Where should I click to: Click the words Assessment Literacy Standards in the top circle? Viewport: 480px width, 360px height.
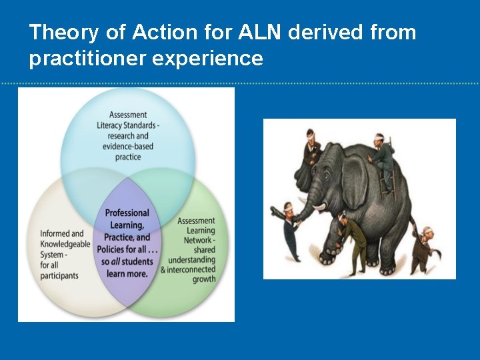click(x=128, y=120)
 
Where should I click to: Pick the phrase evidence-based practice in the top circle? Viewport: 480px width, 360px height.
click(x=128, y=152)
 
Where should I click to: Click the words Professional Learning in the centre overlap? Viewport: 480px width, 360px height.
click(x=127, y=219)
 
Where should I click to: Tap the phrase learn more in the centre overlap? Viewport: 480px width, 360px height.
click(x=127, y=273)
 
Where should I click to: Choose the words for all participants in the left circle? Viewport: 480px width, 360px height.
click(x=60, y=270)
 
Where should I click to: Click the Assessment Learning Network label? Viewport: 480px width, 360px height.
click(x=196, y=231)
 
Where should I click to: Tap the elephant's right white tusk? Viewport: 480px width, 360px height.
click(x=321, y=207)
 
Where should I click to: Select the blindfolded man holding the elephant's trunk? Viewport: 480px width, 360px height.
click(x=290, y=230)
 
